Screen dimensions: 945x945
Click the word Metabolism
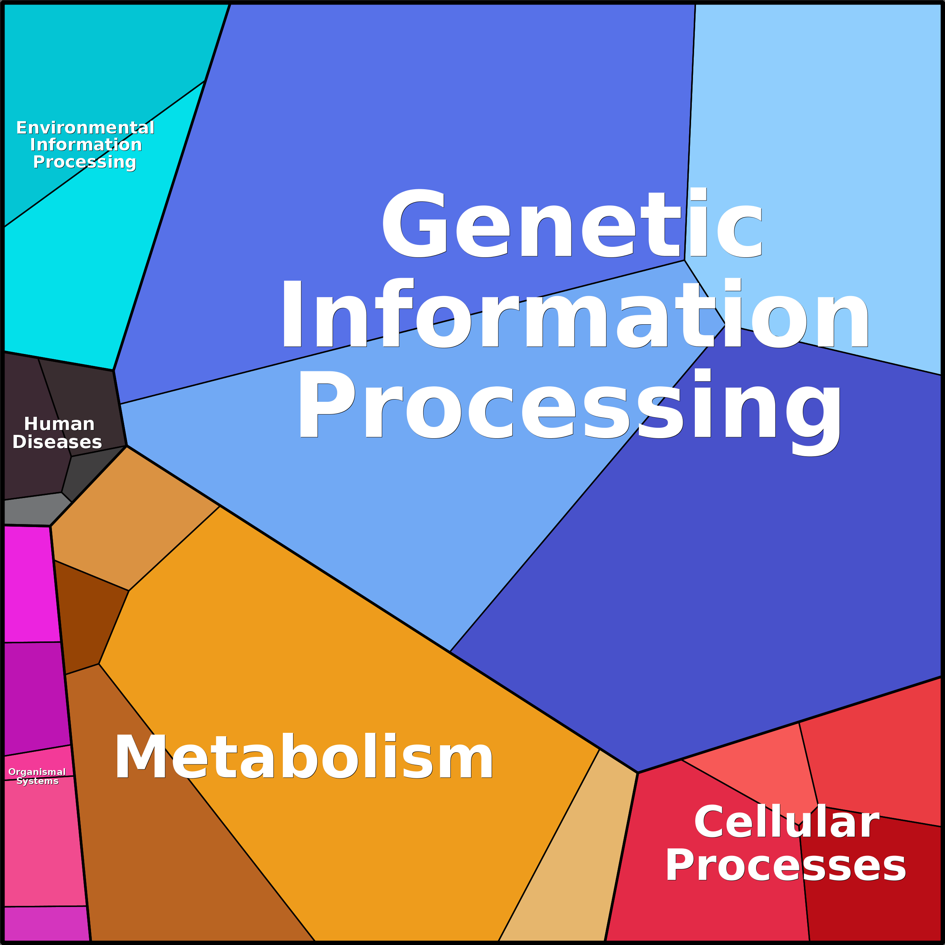[x=303, y=758]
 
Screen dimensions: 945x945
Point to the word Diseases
[x=57, y=442]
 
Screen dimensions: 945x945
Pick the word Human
[x=59, y=424]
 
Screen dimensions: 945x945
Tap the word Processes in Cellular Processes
[x=785, y=866]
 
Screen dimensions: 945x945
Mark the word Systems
[x=37, y=781]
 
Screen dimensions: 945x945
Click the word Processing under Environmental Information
[x=84, y=162]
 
